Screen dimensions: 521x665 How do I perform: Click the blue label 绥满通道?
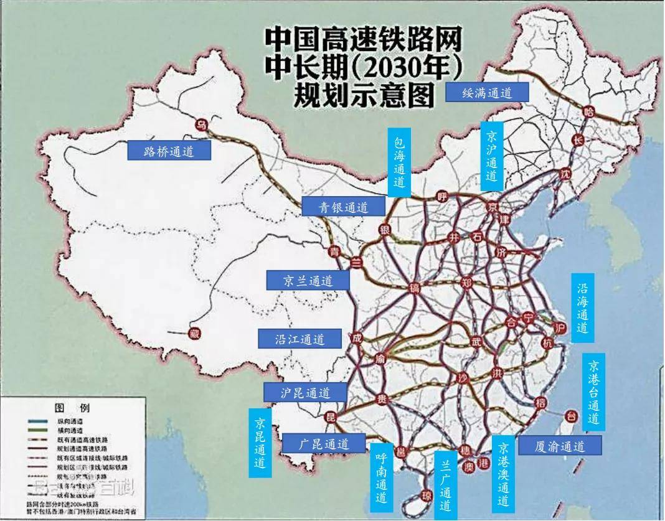point(488,93)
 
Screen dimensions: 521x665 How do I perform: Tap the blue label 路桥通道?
point(169,150)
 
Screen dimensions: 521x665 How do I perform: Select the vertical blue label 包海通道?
point(399,162)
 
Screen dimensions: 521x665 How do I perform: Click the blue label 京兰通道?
point(308,280)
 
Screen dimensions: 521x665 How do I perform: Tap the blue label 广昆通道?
point(323,443)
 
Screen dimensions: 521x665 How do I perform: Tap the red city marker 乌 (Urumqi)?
point(201,124)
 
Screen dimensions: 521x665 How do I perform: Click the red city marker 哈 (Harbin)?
point(588,111)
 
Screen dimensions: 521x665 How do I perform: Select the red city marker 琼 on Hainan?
point(427,495)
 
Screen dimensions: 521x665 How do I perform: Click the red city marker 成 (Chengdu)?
point(356,339)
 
